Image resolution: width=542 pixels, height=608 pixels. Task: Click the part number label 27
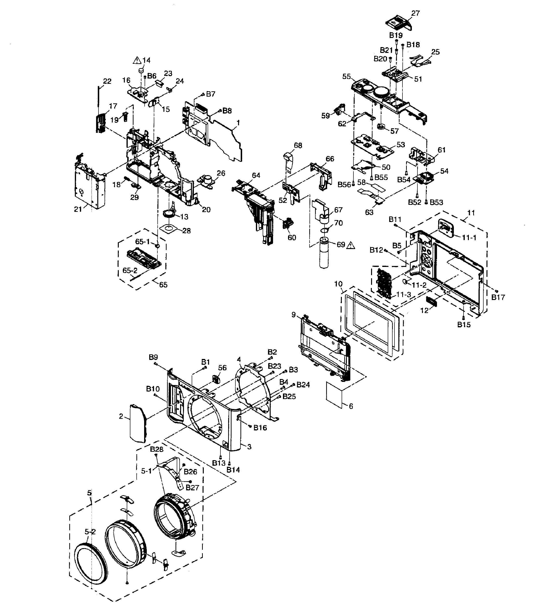tap(415, 13)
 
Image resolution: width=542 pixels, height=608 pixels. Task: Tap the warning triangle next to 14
tap(137, 61)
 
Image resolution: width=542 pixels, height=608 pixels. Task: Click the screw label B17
tap(498, 297)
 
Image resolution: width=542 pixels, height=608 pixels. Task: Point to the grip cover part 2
tap(138, 423)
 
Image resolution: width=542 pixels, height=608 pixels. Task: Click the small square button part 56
tap(215, 379)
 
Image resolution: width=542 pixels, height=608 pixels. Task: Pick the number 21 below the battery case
tap(78, 209)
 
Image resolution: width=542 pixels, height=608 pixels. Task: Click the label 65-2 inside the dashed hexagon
tap(130, 271)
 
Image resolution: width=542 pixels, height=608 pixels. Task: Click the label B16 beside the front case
tap(260, 428)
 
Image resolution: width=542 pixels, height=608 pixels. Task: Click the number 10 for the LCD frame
tap(338, 284)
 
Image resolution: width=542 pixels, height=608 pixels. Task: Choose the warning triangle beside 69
tap(351, 245)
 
